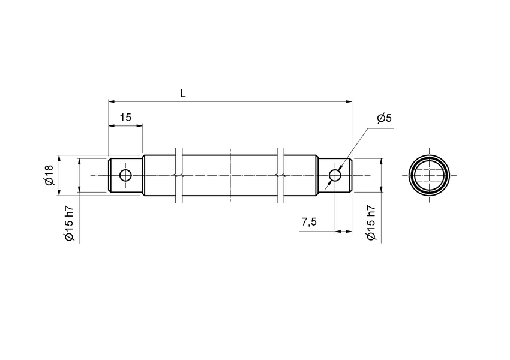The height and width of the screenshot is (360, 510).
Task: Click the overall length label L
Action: click(x=183, y=93)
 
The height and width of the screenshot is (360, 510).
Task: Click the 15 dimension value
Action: click(x=125, y=118)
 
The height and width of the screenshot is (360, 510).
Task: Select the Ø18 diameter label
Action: click(x=49, y=175)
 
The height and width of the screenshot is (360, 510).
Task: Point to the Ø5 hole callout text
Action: click(x=384, y=118)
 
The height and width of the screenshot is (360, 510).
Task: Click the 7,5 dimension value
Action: click(x=309, y=223)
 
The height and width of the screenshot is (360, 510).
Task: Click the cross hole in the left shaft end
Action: click(x=125, y=175)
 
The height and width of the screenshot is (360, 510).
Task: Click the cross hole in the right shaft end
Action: click(x=335, y=175)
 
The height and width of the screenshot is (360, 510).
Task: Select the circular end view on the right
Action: click(x=430, y=175)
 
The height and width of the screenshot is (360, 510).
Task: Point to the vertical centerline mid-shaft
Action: click(x=230, y=175)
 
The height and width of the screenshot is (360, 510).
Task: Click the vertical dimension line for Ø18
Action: click(x=59, y=175)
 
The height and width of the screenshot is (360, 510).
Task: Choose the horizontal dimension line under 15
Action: click(x=125, y=125)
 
